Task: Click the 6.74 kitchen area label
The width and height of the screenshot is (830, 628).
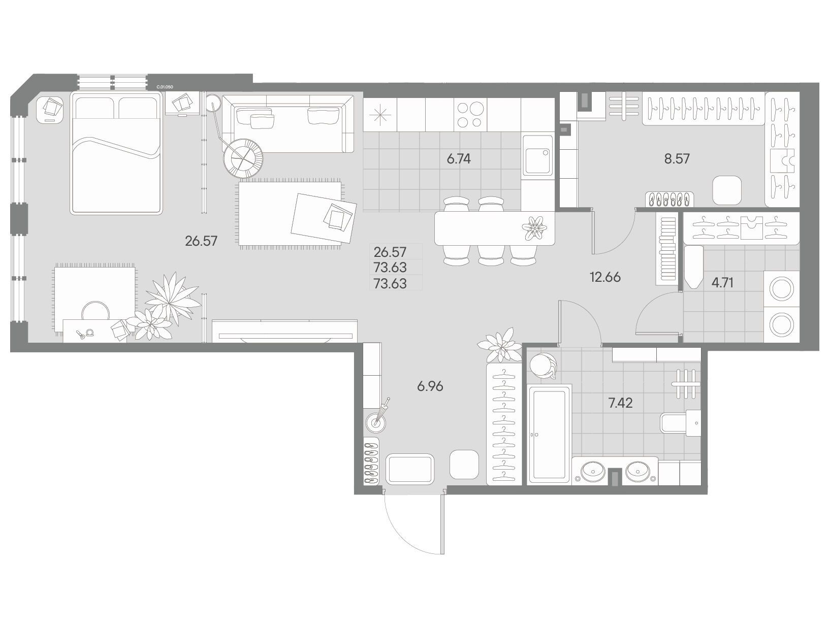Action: point(458,159)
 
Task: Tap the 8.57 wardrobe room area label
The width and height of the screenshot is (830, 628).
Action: point(677,159)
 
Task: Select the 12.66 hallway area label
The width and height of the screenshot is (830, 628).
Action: point(605,277)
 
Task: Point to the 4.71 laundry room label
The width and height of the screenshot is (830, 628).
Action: point(722,283)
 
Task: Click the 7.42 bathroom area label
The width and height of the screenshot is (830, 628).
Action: point(620,403)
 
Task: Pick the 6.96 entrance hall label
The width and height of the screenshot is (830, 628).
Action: point(430,386)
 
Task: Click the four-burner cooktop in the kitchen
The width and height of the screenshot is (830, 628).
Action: point(470,115)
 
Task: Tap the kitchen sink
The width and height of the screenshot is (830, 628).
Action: point(537,155)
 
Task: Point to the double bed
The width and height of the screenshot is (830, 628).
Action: point(116,154)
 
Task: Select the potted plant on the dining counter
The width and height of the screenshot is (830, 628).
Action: point(534,228)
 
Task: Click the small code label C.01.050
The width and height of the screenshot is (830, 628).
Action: point(165,87)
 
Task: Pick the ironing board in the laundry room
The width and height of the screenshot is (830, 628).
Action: point(693,268)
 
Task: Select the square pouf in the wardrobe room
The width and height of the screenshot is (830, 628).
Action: point(727,190)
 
